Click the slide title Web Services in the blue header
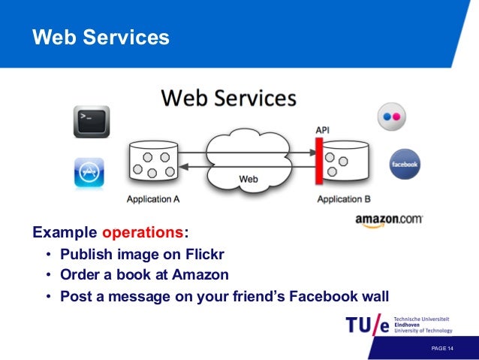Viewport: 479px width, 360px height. pyautogui.click(x=101, y=38)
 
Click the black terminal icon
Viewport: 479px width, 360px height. pyautogui.click(x=92, y=121)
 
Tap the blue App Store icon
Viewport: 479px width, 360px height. pyautogui.click(x=89, y=172)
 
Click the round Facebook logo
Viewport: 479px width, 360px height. pyautogui.click(x=405, y=164)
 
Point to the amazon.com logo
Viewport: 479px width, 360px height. pyautogui.click(x=389, y=220)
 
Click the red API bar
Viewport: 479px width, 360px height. pyautogui.click(x=319, y=162)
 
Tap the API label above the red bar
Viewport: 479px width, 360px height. pyautogui.click(x=321, y=131)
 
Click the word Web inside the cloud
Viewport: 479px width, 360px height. pyautogui.click(x=248, y=179)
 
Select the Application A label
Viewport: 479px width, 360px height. pyautogui.click(x=153, y=199)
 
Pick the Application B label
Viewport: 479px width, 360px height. pyautogui.click(x=343, y=199)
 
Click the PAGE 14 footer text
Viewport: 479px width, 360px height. pyautogui.click(x=442, y=349)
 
